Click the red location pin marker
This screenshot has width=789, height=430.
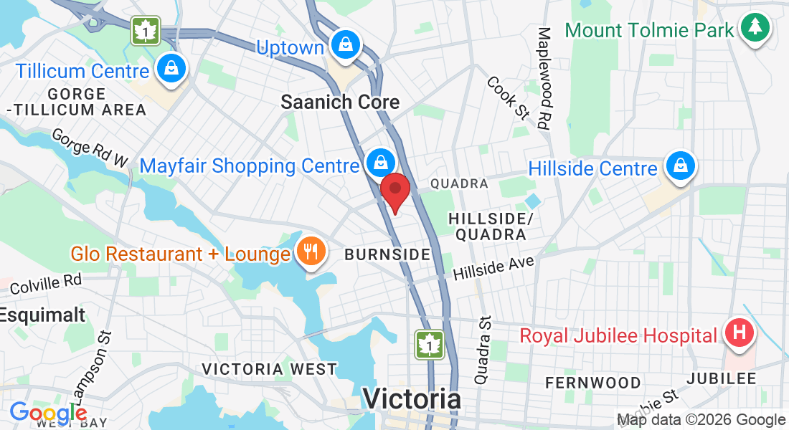tap(394, 191)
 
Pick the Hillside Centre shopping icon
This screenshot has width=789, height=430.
tap(679, 167)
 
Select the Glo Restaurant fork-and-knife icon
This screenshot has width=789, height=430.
tap(311, 252)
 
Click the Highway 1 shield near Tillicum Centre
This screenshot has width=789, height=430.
tap(146, 32)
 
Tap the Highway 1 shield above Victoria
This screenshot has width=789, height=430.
tap(430, 345)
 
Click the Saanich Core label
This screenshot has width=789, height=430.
tap(340, 102)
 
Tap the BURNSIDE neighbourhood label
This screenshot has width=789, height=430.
tap(387, 254)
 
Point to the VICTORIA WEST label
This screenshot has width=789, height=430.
tap(269, 369)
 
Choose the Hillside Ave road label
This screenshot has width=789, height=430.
tap(494, 269)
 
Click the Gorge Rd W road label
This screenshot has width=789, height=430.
tap(90, 148)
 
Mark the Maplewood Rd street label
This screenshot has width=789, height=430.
tap(545, 78)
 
